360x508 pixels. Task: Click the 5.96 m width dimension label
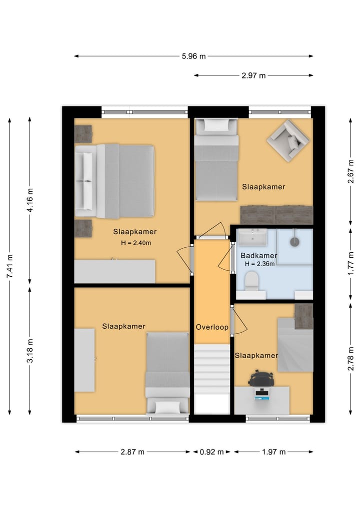(193, 56)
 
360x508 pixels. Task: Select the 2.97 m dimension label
(253, 75)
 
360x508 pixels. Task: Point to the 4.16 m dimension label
(30, 200)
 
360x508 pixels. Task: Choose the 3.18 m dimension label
(30, 351)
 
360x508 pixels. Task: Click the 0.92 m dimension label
(212, 452)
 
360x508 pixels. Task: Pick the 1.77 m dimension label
(350, 264)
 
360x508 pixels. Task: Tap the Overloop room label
(212, 327)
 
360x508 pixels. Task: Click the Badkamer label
(259, 256)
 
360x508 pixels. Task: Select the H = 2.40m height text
(136, 243)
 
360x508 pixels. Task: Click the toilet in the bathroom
(251, 280)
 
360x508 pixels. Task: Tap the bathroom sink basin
(252, 237)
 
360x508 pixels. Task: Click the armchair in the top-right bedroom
(287, 140)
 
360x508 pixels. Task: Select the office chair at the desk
(261, 378)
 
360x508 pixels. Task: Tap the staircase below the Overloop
(212, 379)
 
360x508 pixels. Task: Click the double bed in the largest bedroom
(115, 181)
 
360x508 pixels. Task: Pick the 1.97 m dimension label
(274, 452)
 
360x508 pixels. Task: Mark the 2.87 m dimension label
(132, 452)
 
